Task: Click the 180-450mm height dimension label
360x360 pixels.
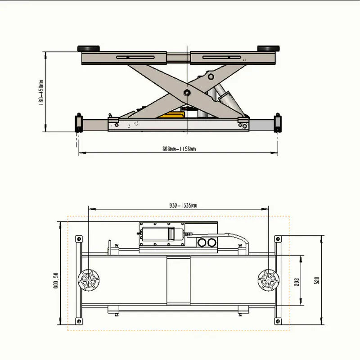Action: coord(41,92)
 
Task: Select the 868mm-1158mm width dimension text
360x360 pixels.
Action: coord(179,149)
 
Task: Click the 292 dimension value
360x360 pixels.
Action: coord(297,282)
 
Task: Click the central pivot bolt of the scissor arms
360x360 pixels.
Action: coord(186,93)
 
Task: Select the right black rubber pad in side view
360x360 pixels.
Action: coord(267,49)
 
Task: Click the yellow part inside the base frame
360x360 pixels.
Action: coord(171,116)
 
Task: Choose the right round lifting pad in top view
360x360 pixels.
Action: coord(268,280)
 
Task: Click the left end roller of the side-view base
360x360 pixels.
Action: coord(78,123)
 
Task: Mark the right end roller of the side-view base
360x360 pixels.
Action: coord(278,123)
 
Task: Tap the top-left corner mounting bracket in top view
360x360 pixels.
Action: coord(79,238)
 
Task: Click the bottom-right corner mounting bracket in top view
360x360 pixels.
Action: coord(278,320)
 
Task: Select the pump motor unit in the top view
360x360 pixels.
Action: coord(162,234)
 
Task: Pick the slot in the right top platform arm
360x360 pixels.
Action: coord(223,57)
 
